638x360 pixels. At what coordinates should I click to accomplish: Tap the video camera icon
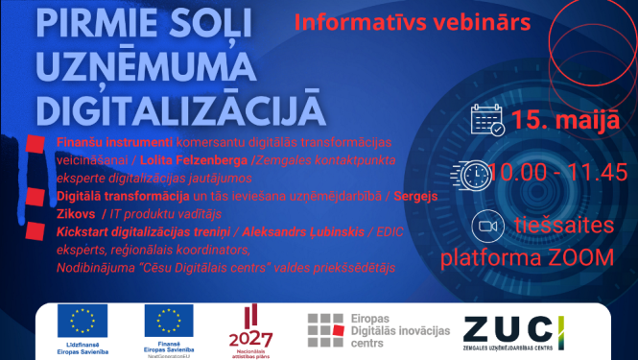(x=488, y=227)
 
